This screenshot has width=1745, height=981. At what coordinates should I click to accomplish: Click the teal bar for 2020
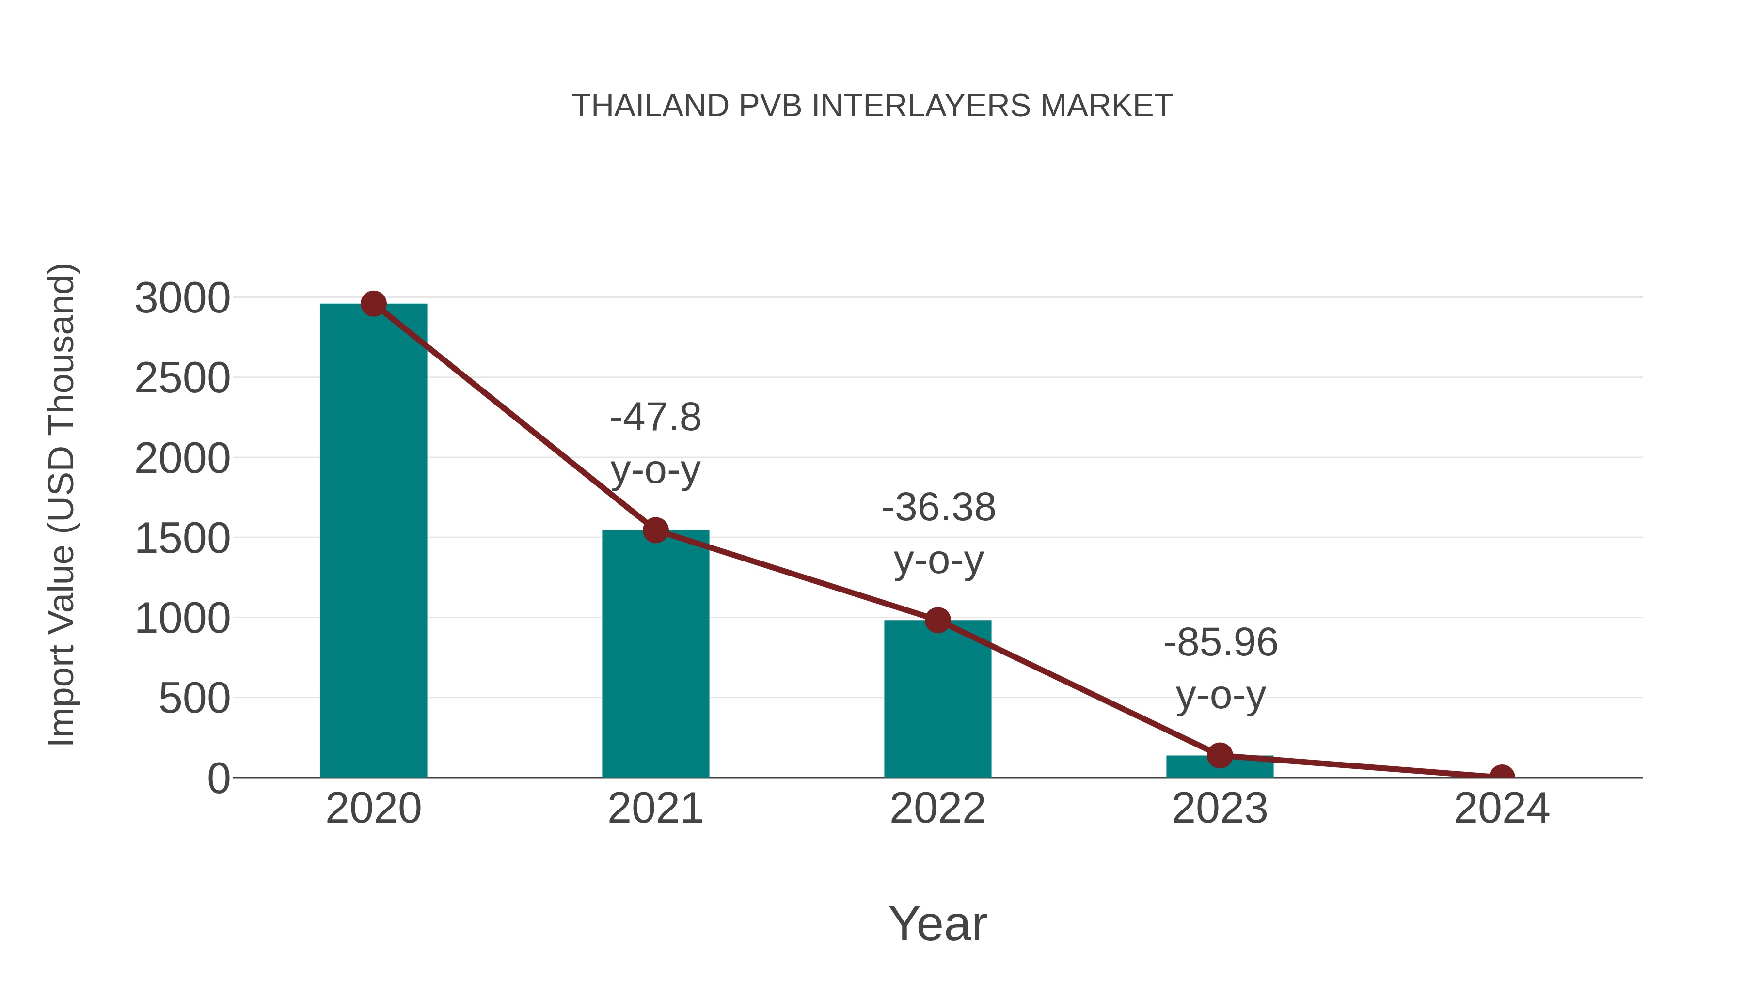pyautogui.click(x=373, y=542)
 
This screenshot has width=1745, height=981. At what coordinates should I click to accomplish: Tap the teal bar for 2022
pyautogui.click(x=937, y=701)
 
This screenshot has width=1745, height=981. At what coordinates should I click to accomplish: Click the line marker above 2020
pyautogui.click(x=373, y=304)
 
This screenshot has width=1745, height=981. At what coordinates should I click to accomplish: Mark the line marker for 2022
pyautogui.click(x=937, y=620)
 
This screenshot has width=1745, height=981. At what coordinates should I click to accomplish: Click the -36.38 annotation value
pyautogui.click(x=938, y=507)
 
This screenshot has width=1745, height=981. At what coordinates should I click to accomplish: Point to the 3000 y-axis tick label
pyautogui.click(x=182, y=298)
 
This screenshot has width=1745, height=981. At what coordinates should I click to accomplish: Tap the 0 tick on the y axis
pyautogui.click(x=218, y=779)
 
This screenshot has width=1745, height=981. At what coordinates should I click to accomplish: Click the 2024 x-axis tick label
pyautogui.click(x=1502, y=809)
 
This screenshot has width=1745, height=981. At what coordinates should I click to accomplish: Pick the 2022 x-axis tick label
pyautogui.click(x=937, y=809)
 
